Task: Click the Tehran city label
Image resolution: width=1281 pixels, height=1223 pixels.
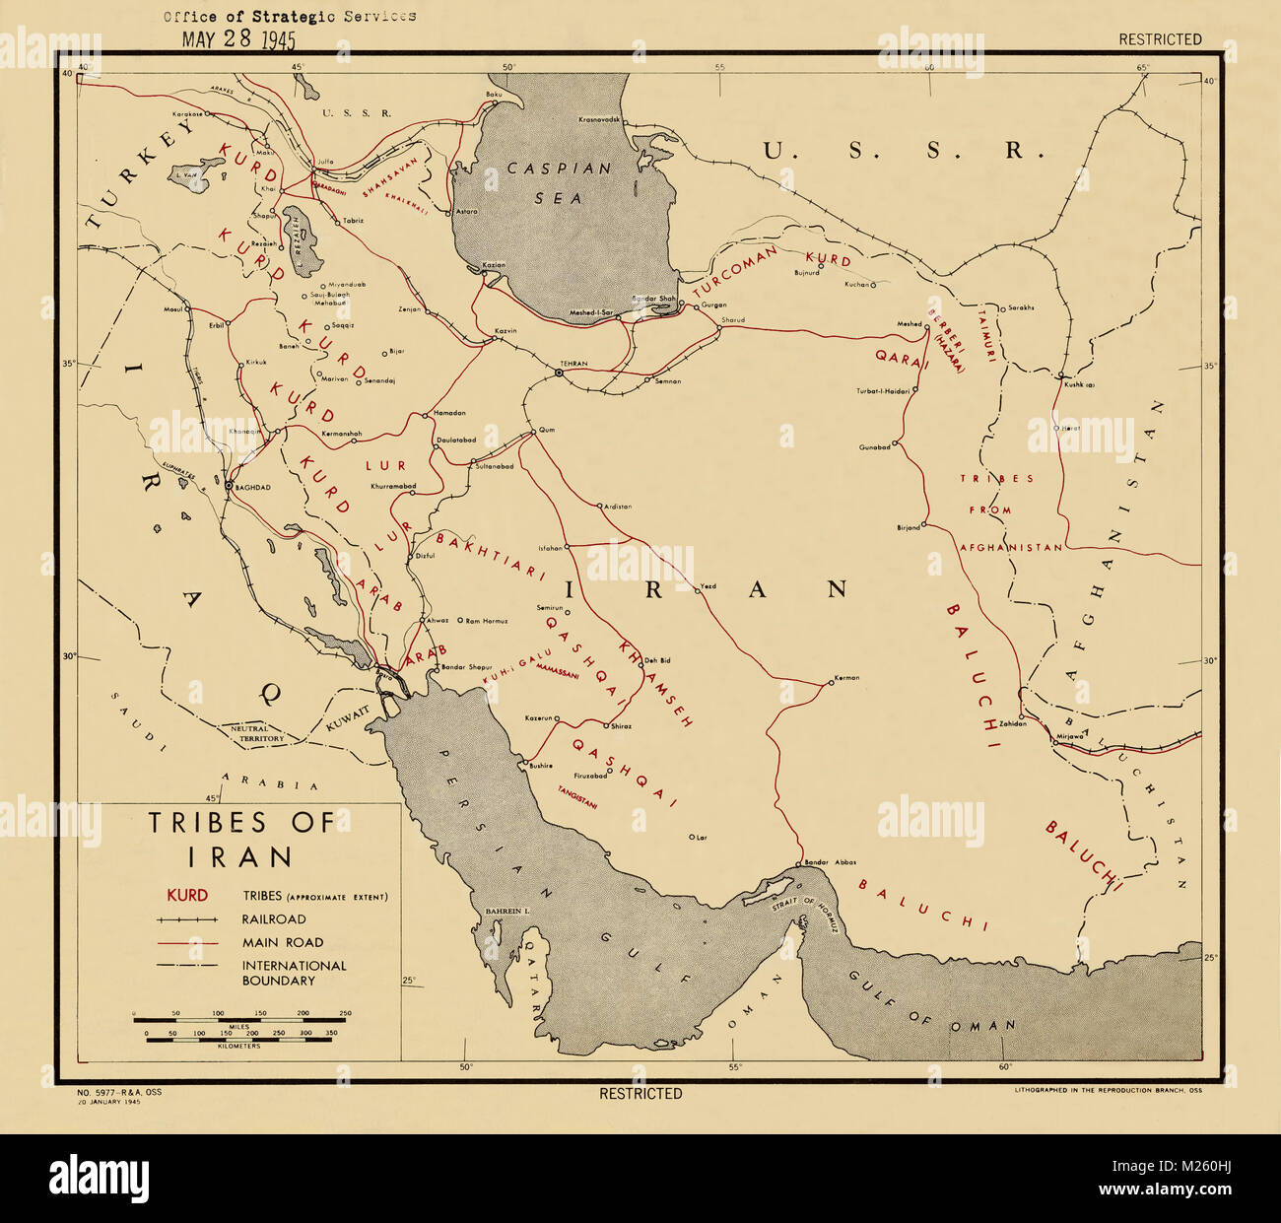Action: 573,364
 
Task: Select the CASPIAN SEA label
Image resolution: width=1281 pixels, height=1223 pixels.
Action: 559,182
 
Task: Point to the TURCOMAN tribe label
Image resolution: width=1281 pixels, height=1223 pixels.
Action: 735,272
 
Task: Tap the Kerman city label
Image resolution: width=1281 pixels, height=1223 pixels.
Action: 846,678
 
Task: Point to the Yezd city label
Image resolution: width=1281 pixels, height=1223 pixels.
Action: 708,586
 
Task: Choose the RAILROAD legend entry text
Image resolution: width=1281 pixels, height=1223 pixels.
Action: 274,919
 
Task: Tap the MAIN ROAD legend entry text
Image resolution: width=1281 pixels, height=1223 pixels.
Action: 283,943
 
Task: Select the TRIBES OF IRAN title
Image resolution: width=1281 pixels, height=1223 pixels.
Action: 241,838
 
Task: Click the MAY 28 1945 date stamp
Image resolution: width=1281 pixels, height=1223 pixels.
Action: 238,39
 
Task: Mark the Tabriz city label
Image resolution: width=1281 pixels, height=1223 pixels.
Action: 354,220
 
